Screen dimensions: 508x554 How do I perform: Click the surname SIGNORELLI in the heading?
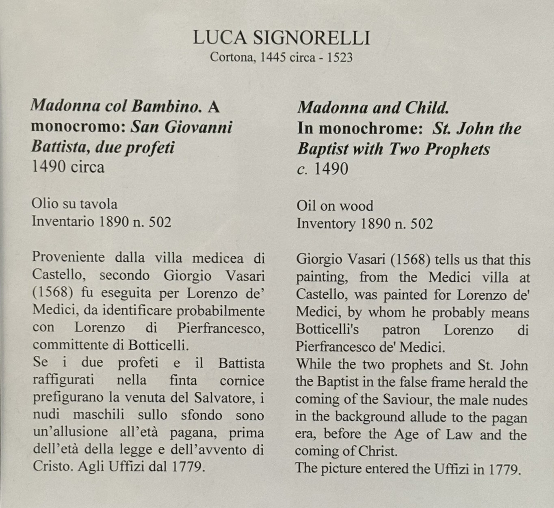tap(312, 38)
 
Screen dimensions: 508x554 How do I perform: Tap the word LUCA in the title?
tap(219, 38)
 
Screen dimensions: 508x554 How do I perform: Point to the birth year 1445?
tap(273, 57)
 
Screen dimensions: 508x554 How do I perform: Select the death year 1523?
tap(340, 57)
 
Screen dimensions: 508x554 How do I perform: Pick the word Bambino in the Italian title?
tap(167, 106)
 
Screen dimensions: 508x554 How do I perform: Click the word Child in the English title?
tap(426, 108)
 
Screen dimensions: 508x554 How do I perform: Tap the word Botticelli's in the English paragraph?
tap(327, 329)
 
